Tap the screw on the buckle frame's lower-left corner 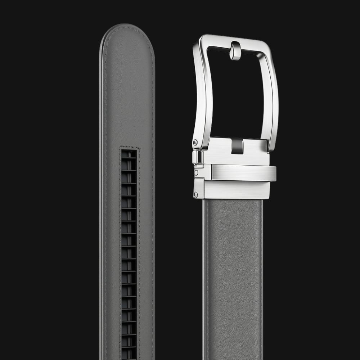[195, 143]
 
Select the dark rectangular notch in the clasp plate [237, 146]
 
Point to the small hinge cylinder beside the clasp [197, 157]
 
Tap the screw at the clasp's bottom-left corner [196, 195]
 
